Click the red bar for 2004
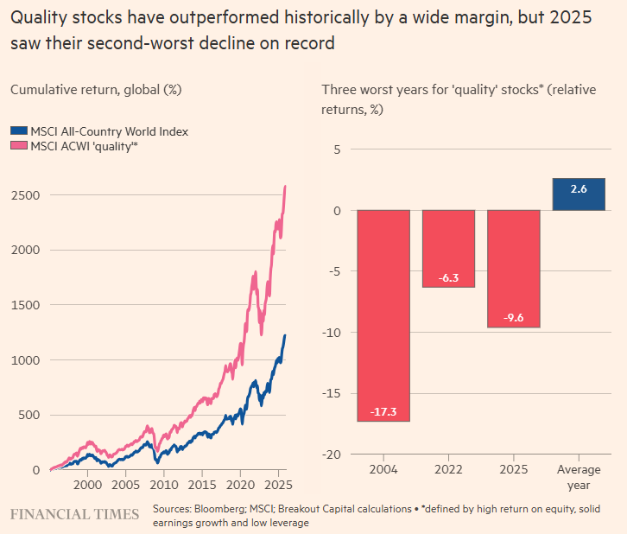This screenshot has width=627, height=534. click(x=383, y=315)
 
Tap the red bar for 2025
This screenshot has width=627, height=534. click(x=514, y=269)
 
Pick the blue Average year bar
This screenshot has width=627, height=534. click(x=579, y=194)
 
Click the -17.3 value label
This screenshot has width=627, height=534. click(x=383, y=411)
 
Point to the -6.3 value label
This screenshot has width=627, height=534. click(x=448, y=277)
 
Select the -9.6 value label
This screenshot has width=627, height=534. click(x=514, y=317)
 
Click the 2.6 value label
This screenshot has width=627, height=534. click(x=579, y=188)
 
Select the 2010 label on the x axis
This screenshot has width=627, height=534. click(x=164, y=486)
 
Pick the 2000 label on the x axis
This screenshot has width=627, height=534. click(x=88, y=486)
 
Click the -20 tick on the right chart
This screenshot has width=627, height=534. click(x=332, y=455)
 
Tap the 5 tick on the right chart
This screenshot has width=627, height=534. click(x=338, y=150)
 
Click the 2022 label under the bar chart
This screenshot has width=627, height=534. click(x=448, y=471)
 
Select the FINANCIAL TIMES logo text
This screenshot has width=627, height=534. click(x=74, y=514)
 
